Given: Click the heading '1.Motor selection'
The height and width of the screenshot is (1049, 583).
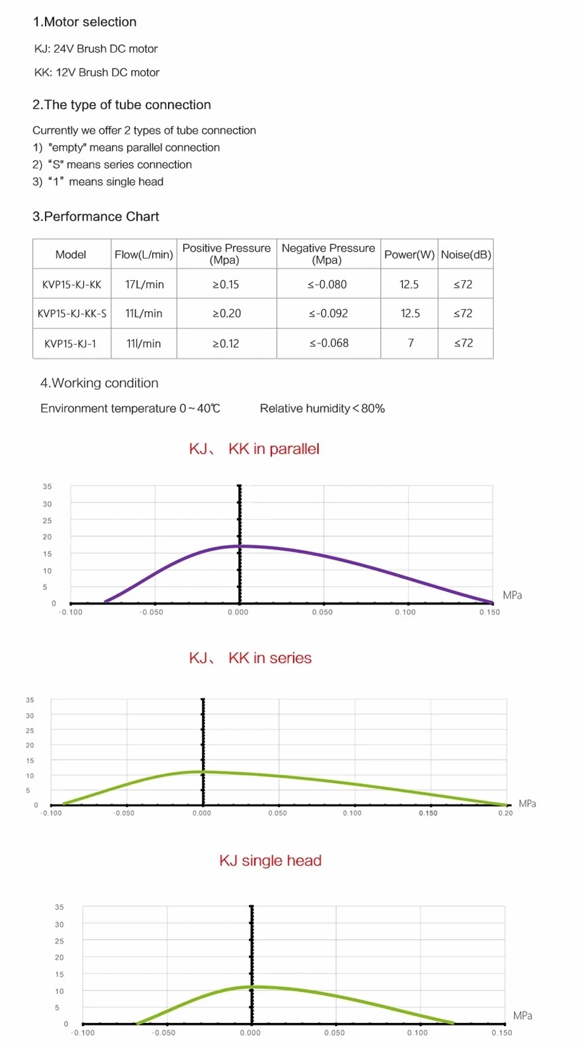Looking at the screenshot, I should [84, 22].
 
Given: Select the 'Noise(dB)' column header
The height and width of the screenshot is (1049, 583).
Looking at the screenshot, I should [466, 255].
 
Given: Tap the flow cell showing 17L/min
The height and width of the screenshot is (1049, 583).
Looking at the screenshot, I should [144, 285].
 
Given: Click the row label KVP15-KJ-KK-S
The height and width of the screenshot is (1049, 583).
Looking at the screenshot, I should [72, 314].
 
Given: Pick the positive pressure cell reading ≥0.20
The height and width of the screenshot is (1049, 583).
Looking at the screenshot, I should [226, 314].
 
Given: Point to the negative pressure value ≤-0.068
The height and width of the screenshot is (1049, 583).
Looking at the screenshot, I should [329, 344].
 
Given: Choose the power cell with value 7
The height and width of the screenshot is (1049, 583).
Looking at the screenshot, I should [411, 344].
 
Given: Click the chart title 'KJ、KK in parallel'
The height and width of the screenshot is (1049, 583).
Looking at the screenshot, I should [254, 449].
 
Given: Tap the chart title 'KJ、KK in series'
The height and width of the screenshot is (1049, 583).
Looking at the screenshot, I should [250, 658].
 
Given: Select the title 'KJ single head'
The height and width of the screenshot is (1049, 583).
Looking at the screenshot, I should [271, 861].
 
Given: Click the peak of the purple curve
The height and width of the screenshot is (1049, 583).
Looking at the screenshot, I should [240, 546].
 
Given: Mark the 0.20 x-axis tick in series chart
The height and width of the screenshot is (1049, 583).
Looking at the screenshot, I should [505, 813].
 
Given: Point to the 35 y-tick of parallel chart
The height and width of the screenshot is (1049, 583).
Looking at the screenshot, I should [48, 487].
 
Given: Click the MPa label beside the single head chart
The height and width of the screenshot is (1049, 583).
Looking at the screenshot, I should [522, 1016].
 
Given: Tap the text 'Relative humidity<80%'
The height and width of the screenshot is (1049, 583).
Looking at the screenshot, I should [322, 409].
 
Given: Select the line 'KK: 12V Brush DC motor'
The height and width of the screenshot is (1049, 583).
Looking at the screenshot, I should [97, 73].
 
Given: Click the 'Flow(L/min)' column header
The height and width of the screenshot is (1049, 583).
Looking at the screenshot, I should [144, 255].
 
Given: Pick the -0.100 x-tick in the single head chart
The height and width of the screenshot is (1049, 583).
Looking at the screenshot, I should [83, 1033].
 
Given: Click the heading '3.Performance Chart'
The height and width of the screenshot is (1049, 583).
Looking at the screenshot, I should [96, 217].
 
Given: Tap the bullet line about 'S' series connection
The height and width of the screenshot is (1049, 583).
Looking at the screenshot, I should [112, 165].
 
